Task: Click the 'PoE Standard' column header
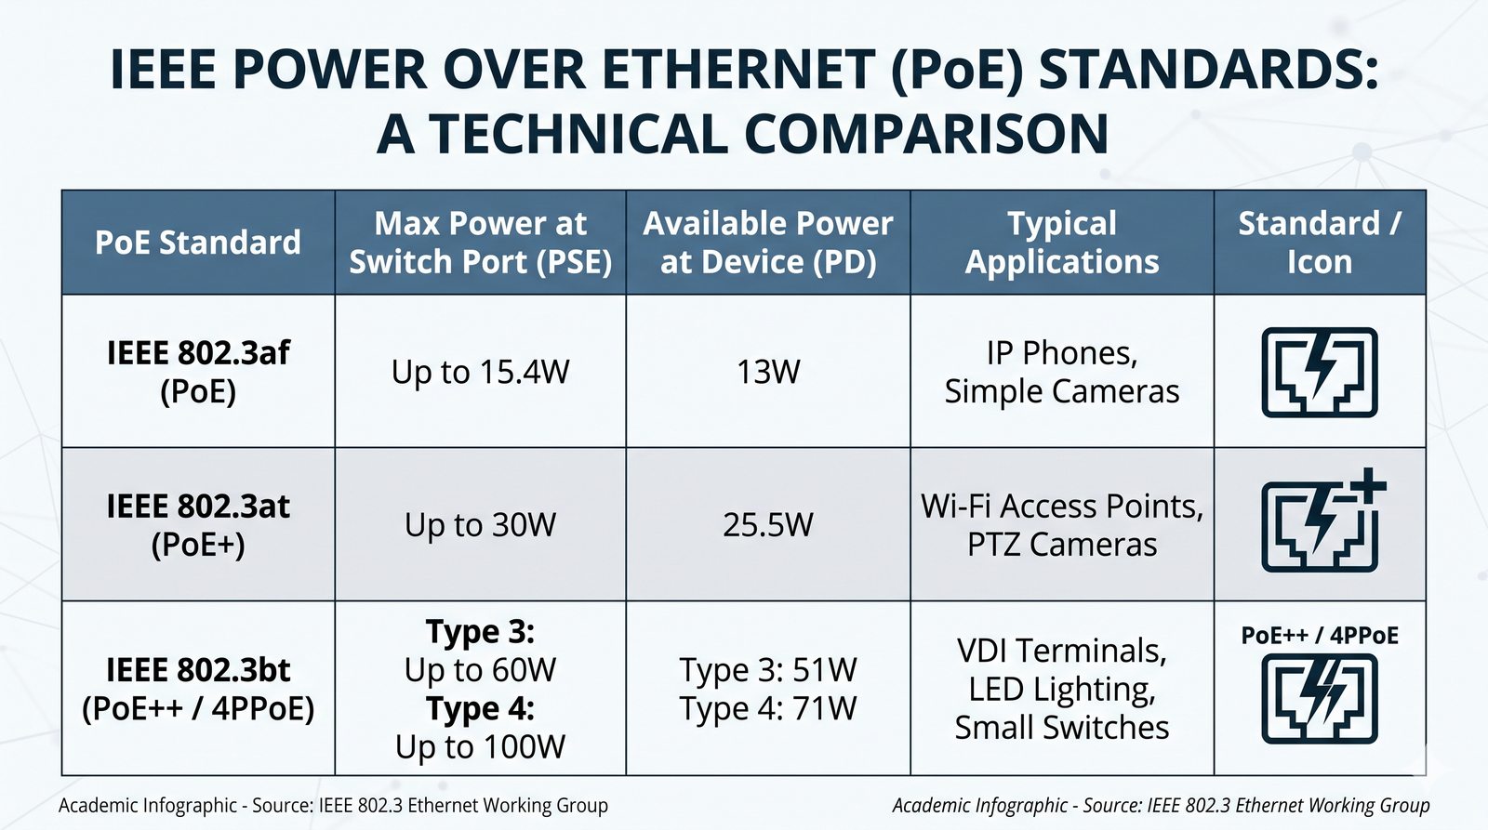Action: click(198, 243)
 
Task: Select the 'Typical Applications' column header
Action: click(1061, 243)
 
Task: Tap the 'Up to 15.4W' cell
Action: click(480, 371)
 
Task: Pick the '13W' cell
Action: click(768, 371)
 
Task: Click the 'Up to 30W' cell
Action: click(480, 524)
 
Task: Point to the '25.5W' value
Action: click(768, 524)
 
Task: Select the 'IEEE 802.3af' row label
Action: click(198, 352)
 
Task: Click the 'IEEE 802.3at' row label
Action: click(198, 506)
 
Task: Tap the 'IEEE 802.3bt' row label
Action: click(198, 670)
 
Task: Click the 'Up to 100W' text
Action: click(480, 747)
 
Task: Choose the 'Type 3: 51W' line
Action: click(768, 670)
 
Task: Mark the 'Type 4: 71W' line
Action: click(768, 708)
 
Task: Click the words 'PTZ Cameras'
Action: click(1061, 545)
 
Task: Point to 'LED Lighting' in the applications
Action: click(1061, 690)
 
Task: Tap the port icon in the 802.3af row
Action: click(1320, 373)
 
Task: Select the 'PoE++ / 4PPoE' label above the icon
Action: click(1320, 636)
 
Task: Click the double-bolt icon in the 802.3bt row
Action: click(1320, 699)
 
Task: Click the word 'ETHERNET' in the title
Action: click(739, 69)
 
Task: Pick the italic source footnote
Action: click(1161, 806)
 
